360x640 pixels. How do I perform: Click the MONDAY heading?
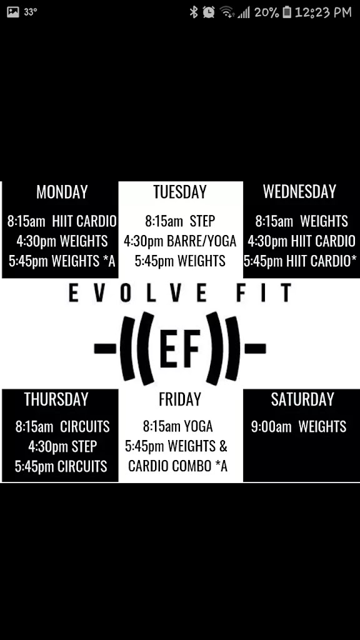coord(62,192)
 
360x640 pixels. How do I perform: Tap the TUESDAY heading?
coord(180,192)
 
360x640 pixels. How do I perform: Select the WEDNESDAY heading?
coord(299,192)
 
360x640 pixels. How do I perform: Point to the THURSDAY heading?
coord(56,399)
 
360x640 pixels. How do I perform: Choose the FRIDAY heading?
coord(180,399)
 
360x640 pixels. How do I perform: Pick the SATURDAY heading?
coord(302,399)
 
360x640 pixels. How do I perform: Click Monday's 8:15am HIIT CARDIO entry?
coord(62,221)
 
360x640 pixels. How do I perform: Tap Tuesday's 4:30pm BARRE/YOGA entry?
coord(180,241)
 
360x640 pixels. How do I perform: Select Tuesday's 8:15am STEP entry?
coord(180,221)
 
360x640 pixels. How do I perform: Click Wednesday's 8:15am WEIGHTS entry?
coord(301,221)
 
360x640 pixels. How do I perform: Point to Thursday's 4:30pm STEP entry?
coord(62,447)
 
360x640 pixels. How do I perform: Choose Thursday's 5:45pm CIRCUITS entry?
coord(61,467)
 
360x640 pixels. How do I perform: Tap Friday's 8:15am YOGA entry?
coord(178,427)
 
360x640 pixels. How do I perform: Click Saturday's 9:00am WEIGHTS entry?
coord(299,427)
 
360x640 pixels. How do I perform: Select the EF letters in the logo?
coord(180,347)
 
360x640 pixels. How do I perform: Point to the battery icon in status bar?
coord(287,12)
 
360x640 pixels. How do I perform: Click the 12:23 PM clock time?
coord(323,12)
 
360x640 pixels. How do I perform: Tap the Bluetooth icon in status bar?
coord(194,12)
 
